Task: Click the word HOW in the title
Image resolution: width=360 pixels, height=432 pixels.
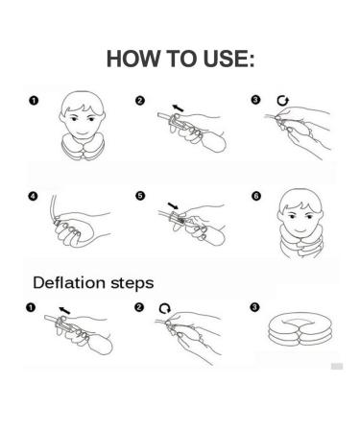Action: click(133, 59)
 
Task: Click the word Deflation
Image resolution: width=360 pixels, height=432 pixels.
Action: click(69, 282)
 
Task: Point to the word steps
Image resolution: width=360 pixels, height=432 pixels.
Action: click(132, 284)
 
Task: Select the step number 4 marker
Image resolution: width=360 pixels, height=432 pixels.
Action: click(33, 196)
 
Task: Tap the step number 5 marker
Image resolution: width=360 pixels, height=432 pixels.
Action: click(140, 196)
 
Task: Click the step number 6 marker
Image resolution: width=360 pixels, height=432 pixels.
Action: click(256, 196)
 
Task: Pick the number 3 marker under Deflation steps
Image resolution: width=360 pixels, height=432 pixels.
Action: click(254, 307)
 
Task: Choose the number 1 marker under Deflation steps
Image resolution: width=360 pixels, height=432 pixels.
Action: click(31, 307)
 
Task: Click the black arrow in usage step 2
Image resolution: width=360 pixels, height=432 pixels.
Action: click(178, 108)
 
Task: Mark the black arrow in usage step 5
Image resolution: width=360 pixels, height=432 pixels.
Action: click(173, 205)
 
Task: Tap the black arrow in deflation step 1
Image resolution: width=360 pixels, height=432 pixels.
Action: click(64, 310)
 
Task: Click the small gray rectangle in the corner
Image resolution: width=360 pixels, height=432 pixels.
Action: click(337, 366)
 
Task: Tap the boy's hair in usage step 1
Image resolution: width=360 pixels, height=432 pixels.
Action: click(83, 102)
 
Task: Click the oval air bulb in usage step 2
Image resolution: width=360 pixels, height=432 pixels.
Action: click(214, 143)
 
